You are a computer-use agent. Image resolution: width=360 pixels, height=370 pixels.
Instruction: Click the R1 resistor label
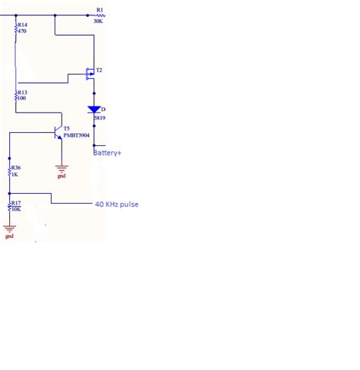pyautogui.click(x=99, y=10)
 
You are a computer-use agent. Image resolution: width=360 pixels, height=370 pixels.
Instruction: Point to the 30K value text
pyautogui.click(x=99, y=21)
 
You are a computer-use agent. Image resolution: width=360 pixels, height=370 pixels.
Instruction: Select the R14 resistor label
pyautogui.click(x=22, y=25)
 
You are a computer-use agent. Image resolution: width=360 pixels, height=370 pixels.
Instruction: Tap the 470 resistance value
pyautogui.click(x=21, y=32)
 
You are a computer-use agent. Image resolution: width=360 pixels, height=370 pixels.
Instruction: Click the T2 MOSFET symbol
pyautogui.click(x=87, y=74)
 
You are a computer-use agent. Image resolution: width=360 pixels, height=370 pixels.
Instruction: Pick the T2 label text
pyautogui.click(x=99, y=70)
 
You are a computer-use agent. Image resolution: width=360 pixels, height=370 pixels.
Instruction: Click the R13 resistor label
pyautogui.click(x=22, y=92)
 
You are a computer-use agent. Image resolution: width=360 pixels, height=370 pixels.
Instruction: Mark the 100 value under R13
pyautogui.click(x=21, y=99)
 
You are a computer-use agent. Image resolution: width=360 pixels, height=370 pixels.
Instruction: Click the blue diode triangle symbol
pyautogui.click(x=93, y=110)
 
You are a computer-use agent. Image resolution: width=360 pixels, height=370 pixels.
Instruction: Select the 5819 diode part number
pyautogui.click(x=99, y=119)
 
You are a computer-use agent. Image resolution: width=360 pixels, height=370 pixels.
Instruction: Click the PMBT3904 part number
pyautogui.click(x=77, y=135)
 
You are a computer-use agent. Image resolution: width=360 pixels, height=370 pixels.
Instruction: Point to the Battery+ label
pyautogui.click(x=108, y=153)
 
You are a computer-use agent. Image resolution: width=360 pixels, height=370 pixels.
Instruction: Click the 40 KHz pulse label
pyautogui.click(x=116, y=204)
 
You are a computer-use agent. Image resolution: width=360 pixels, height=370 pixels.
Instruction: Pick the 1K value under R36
pyautogui.click(x=14, y=174)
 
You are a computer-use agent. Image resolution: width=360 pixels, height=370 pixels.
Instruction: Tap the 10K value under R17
pyautogui.click(x=15, y=208)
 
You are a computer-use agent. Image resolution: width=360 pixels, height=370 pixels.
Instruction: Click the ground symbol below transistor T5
pyautogui.click(x=62, y=169)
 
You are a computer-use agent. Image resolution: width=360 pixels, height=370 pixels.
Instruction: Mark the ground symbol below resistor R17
pyautogui.click(x=9, y=229)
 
